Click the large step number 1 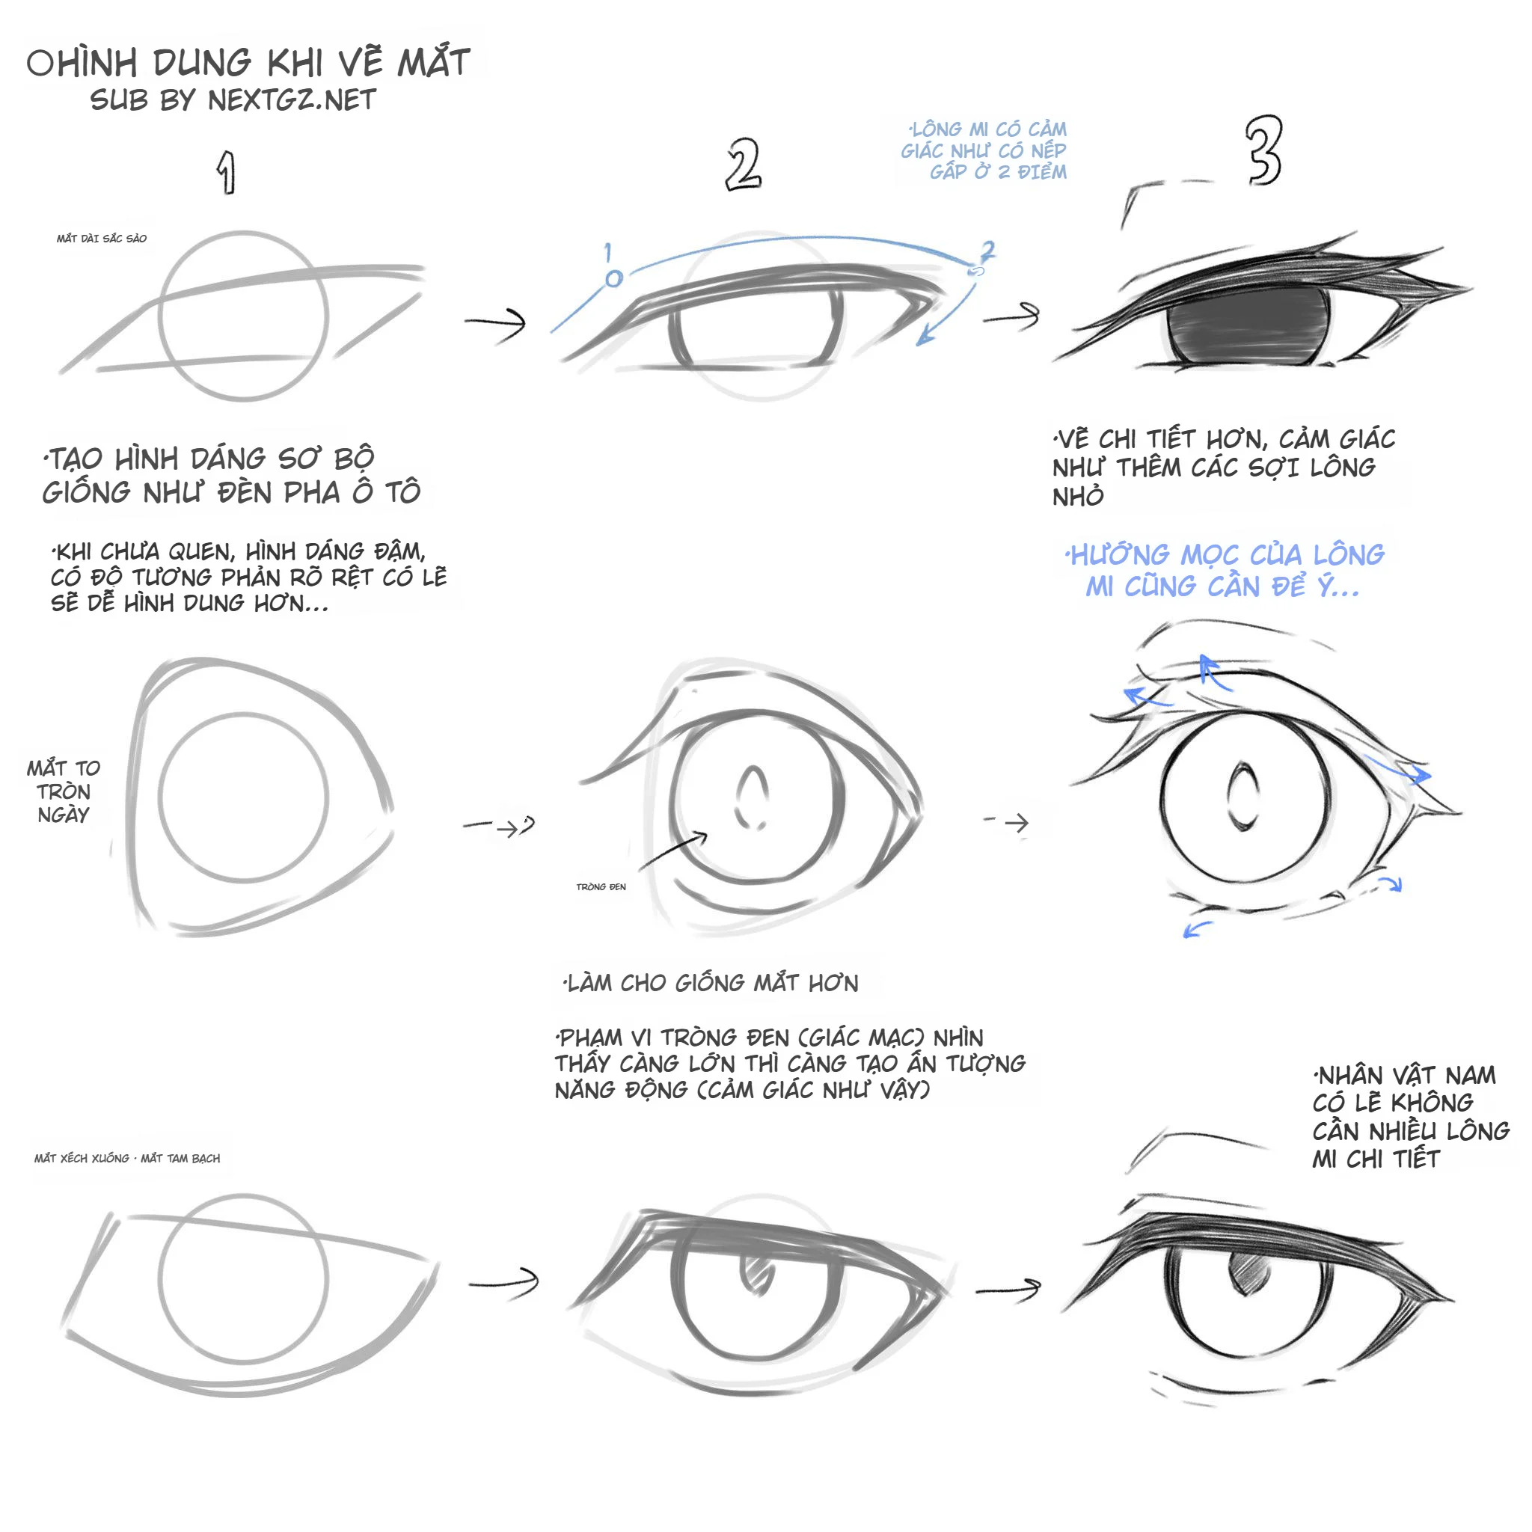[227, 173]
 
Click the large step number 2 [743, 164]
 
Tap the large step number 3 [1263, 150]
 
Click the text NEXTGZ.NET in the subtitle [292, 101]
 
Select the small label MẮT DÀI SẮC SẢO [102, 239]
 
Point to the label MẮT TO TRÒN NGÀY [64, 791]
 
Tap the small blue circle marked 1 [613, 278]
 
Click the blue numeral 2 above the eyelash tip [987, 251]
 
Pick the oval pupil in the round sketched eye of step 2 [752, 797]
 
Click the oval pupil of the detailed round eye [1243, 796]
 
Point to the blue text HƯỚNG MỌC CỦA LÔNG [1226, 555]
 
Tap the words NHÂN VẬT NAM [1405, 1076]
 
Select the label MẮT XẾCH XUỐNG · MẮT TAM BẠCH [127, 1159]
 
